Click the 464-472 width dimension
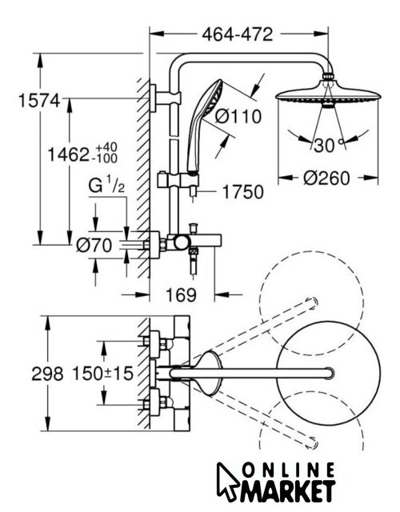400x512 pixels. [237, 34]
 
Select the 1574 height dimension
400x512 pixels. [39, 101]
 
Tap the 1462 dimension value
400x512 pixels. [68, 154]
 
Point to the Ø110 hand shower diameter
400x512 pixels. [238, 116]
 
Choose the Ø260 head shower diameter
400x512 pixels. [326, 178]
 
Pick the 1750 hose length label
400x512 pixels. [242, 192]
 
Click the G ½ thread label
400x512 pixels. [106, 186]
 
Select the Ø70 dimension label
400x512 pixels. [94, 246]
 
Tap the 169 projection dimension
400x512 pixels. [182, 295]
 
